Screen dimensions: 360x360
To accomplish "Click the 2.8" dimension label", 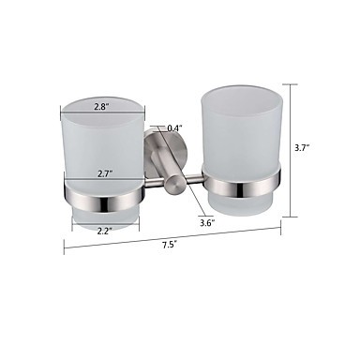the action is [x=101, y=107].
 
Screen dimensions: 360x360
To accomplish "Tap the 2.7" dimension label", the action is [x=103, y=174].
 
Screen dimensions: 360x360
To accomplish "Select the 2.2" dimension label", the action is [x=104, y=232].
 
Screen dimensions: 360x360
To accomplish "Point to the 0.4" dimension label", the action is [x=175, y=128].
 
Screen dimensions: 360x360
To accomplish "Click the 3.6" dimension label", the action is [x=207, y=223].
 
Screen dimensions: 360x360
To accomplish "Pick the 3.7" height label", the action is [x=303, y=147].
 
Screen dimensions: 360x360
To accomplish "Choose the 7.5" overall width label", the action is [x=170, y=245].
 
